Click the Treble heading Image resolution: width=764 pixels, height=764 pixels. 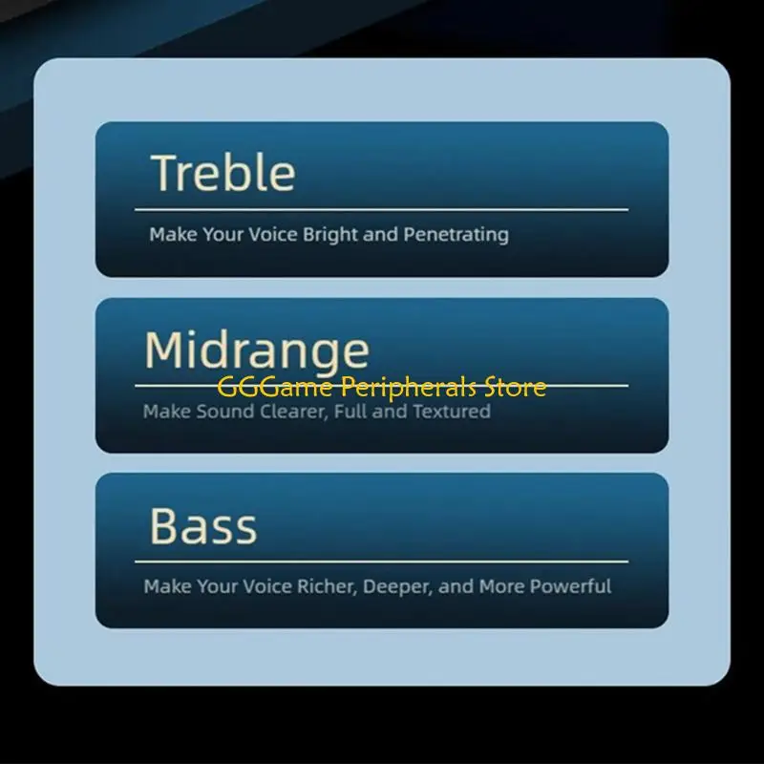[x=223, y=173]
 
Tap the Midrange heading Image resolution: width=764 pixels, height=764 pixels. [x=256, y=350]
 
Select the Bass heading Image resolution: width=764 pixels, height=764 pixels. [x=202, y=526]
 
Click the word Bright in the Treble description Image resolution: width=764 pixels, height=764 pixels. [x=330, y=234]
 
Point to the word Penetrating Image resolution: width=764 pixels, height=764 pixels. [x=456, y=234]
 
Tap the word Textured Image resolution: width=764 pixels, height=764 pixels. [x=452, y=412]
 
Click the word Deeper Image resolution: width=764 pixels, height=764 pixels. [x=398, y=586]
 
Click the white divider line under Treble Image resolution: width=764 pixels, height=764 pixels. [x=382, y=209]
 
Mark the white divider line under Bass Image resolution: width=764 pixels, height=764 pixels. [x=382, y=562]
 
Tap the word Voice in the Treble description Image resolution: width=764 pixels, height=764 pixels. [x=274, y=234]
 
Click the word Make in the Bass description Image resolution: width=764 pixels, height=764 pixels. [x=167, y=586]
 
